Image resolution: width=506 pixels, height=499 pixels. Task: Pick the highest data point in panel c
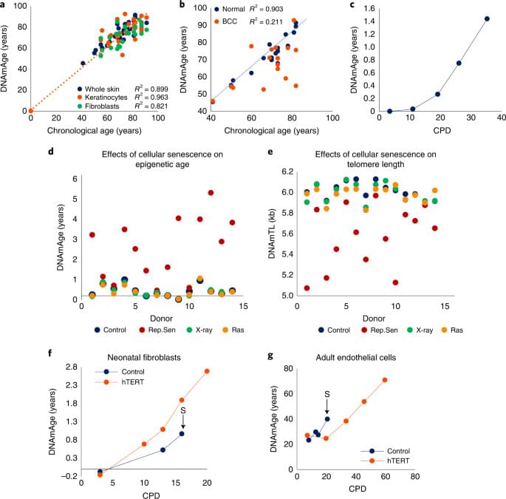coord(487,18)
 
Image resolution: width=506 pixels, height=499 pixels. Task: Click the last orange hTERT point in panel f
coord(207,371)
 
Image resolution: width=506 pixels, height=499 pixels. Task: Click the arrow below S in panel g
coord(326,405)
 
